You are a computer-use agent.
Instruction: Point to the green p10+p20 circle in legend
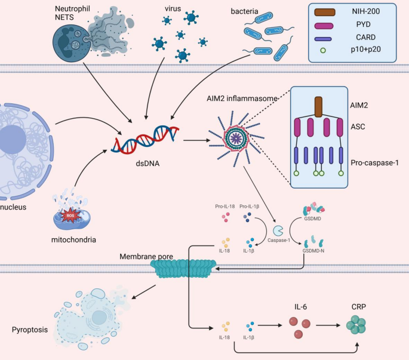pyautogui.click(x=323, y=54)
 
